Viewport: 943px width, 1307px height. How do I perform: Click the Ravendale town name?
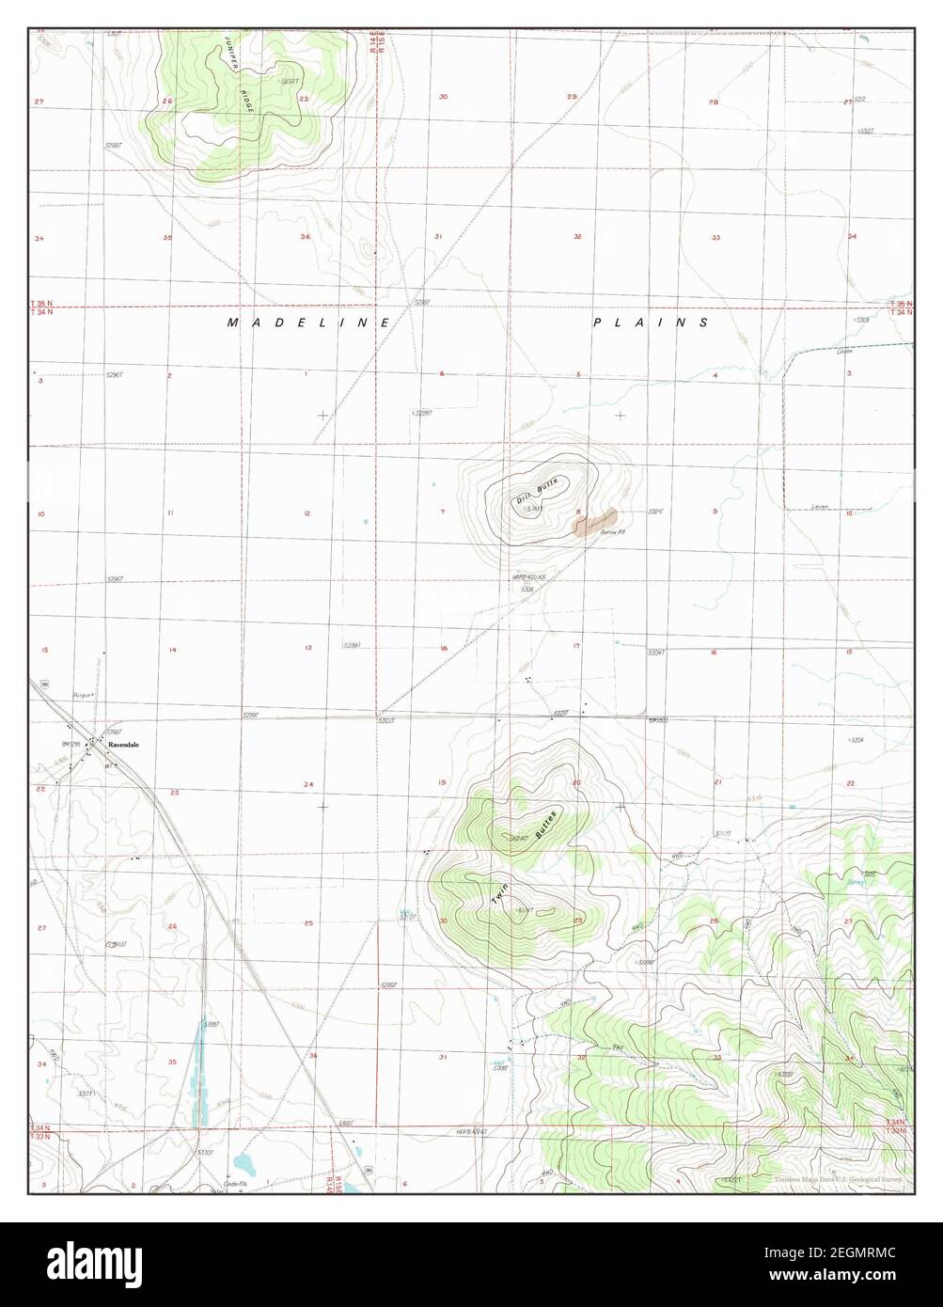click(x=123, y=744)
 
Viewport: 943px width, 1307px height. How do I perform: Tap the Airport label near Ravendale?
click(x=86, y=695)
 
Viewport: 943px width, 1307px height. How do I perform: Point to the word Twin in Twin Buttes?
click(x=501, y=894)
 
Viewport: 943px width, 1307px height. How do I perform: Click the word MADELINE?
click(x=307, y=323)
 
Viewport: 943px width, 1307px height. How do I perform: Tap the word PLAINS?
click(x=651, y=323)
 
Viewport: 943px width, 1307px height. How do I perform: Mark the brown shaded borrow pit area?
click(x=593, y=521)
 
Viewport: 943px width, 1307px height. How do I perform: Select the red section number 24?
click(x=307, y=784)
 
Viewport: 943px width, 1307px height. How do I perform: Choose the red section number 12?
click(x=307, y=512)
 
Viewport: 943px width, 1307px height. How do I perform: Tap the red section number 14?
click(x=172, y=650)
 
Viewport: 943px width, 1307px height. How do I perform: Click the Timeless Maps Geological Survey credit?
click(x=838, y=1179)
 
